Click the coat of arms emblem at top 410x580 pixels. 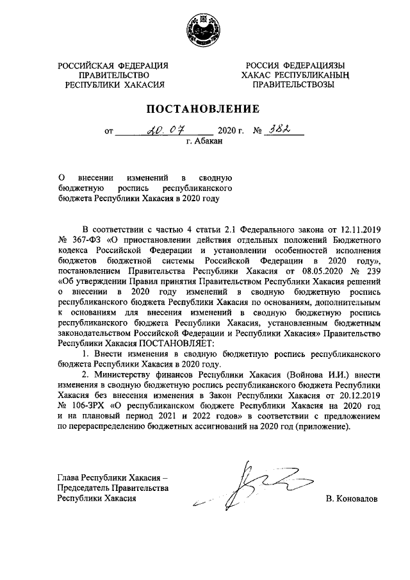click(x=204, y=29)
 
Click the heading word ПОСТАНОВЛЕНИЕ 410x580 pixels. click(x=204, y=108)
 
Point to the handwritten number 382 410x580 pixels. click(x=280, y=130)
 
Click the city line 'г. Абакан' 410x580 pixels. click(x=204, y=142)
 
